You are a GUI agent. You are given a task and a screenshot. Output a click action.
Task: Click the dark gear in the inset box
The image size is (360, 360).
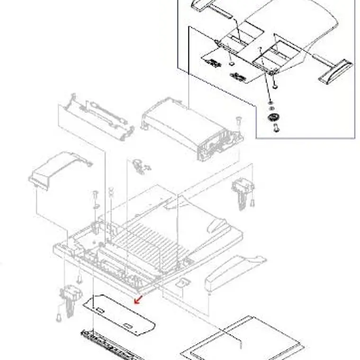272,117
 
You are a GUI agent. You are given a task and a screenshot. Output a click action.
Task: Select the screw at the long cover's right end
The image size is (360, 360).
238,121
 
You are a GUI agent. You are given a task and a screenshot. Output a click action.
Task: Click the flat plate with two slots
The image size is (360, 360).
118,313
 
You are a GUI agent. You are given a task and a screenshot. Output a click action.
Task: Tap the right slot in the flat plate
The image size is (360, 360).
129,325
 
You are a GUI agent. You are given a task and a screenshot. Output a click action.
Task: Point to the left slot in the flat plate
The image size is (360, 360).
100,310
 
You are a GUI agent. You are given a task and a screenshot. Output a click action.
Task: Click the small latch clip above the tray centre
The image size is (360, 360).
140,165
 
